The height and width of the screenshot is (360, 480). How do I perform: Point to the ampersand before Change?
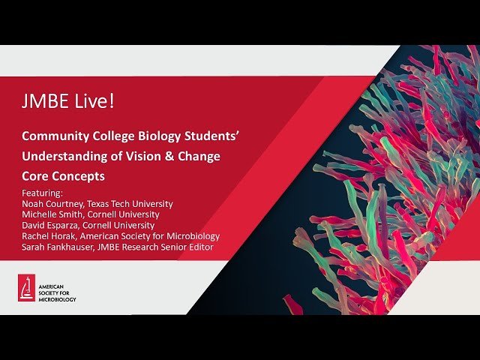pyautogui.click(x=169, y=156)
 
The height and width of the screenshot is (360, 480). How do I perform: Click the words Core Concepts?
pyautogui.click(x=63, y=176)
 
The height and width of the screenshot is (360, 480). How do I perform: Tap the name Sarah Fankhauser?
pyautogui.click(x=59, y=247)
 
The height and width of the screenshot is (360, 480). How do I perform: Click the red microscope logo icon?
pyautogui.click(x=27, y=288)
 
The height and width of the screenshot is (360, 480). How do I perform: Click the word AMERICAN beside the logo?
pyautogui.click(x=54, y=284)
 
